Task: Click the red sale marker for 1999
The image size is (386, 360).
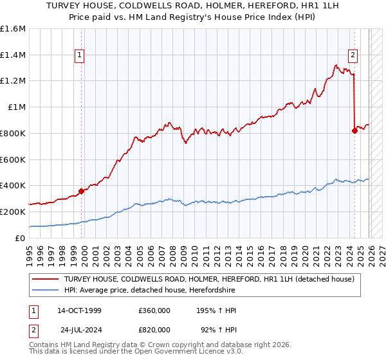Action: (x=81, y=190)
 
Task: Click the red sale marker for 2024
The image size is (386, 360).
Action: (x=354, y=130)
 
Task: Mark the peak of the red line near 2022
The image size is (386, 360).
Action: (x=336, y=64)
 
